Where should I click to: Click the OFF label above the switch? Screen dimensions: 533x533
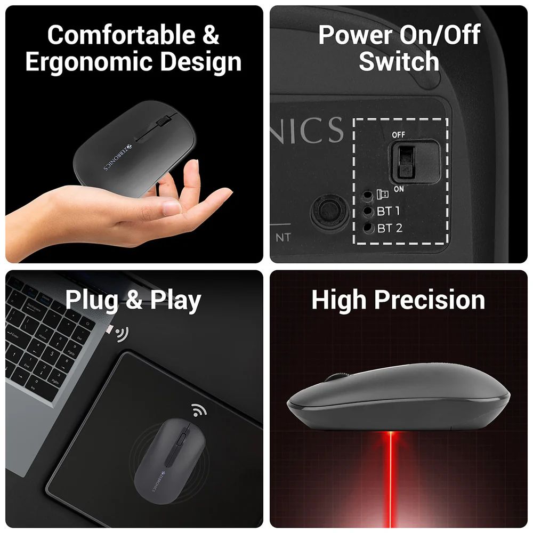(x=399, y=135)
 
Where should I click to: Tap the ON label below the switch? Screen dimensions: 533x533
(x=399, y=189)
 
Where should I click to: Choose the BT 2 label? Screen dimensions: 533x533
(x=390, y=229)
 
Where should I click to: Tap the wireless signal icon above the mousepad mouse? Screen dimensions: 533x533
(x=200, y=410)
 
